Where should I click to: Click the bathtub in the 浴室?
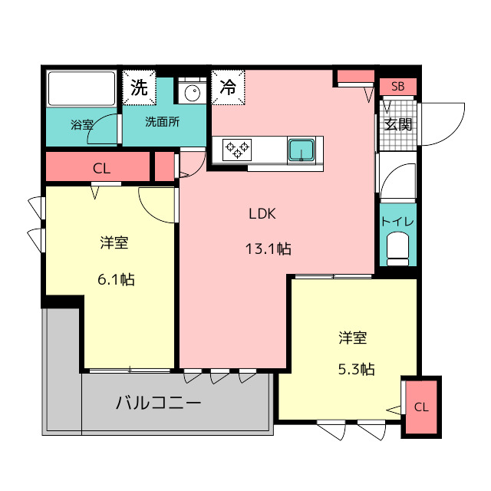[x=81, y=89]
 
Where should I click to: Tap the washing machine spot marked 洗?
[x=139, y=87]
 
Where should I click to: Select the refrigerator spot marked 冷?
[x=228, y=87]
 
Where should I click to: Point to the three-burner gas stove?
[x=237, y=150]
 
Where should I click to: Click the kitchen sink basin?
[x=302, y=150]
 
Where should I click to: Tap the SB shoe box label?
[x=398, y=87]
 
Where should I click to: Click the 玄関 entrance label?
[x=398, y=124]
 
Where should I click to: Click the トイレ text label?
[x=397, y=222]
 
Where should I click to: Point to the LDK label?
[x=262, y=214]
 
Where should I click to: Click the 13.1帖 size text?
[x=269, y=249]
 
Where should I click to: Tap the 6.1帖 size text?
[x=116, y=279]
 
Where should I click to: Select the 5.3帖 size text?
[x=356, y=369]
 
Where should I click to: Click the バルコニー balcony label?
[x=159, y=403]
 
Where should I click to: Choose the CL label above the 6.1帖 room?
[x=101, y=169]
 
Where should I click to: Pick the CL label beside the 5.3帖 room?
[x=421, y=407]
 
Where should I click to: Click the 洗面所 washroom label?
[x=162, y=122]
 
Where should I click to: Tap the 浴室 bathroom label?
[x=82, y=125]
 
